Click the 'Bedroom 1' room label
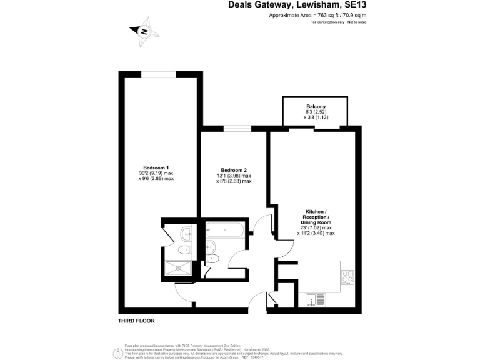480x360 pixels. pyautogui.click(x=156, y=167)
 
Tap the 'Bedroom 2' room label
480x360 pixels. pyautogui.click(x=233, y=170)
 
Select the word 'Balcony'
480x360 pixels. pyautogui.click(x=316, y=106)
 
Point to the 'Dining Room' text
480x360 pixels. pyautogui.click(x=316, y=222)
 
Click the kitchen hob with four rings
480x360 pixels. pyautogui.click(x=349, y=276)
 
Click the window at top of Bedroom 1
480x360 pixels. pyautogui.click(x=157, y=74)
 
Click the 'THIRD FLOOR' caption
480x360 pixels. pyautogui.click(x=136, y=321)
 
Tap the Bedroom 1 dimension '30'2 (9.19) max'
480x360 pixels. pyautogui.click(x=156, y=173)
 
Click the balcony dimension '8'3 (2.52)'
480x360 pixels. pyautogui.click(x=316, y=112)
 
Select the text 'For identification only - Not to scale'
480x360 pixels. pyautogui.click(x=338, y=22)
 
